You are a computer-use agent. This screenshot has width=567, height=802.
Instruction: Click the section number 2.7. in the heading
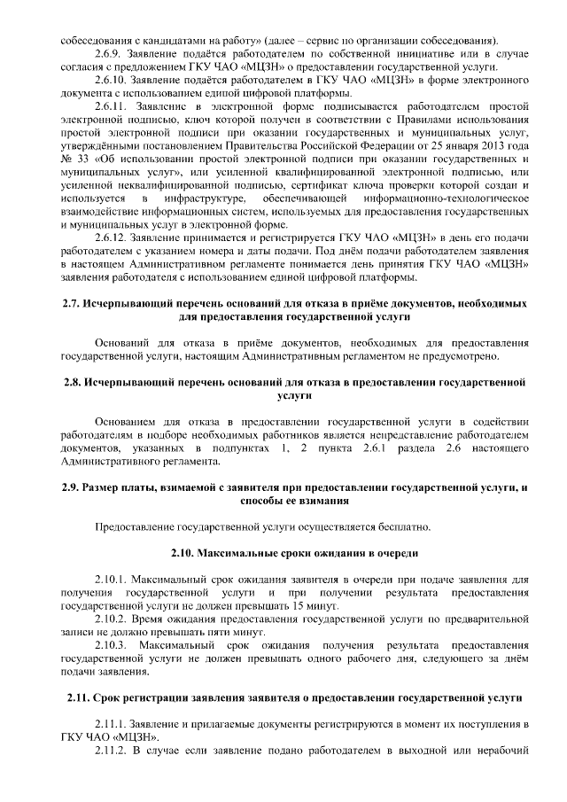(73, 304)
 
